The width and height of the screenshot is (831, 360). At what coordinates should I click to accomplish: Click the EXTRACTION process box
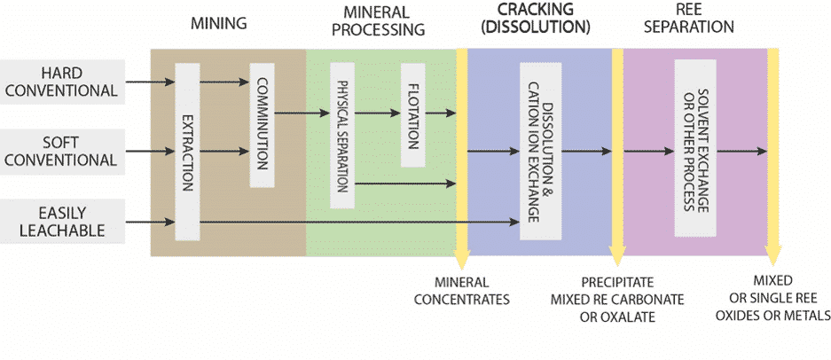pyautogui.click(x=187, y=152)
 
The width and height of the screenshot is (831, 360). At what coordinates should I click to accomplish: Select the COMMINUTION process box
pyautogui.click(x=263, y=125)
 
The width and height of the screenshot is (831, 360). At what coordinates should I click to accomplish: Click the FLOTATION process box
pyautogui.click(x=413, y=114)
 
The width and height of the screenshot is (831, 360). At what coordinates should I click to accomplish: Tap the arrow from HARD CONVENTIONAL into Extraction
pyautogui.click(x=149, y=82)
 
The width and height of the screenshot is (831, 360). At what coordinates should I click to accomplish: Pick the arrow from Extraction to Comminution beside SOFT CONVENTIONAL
pyautogui.click(x=223, y=152)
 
